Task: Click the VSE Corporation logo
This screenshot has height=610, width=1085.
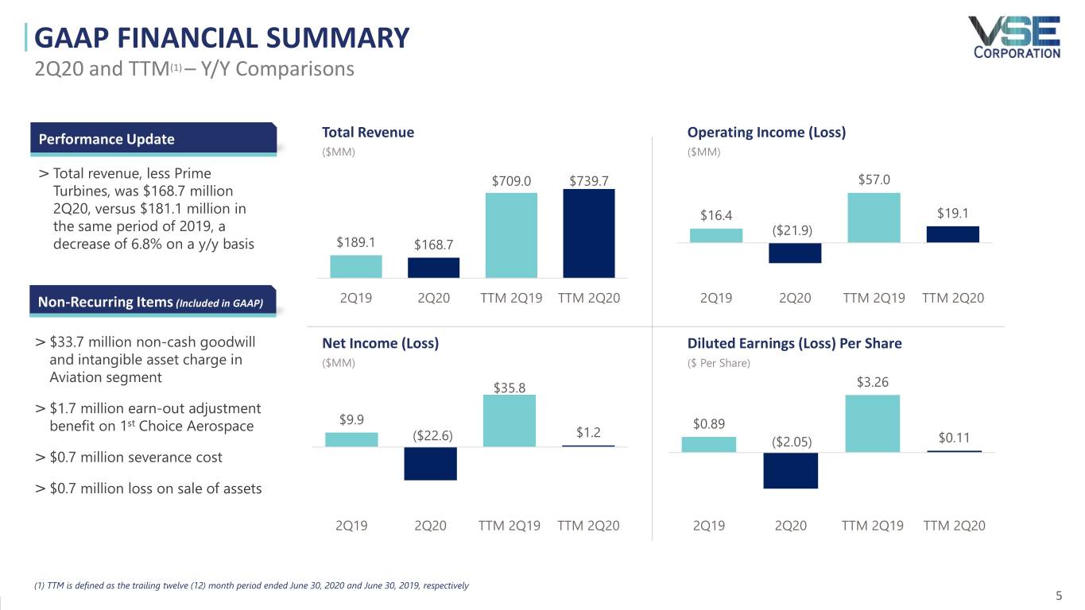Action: pyautogui.click(x=1016, y=37)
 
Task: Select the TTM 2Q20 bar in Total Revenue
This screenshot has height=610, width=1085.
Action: pyautogui.click(x=589, y=234)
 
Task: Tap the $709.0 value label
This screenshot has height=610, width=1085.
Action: pyautogui.click(x=512, y=181)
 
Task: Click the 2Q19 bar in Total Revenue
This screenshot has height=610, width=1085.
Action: pyautogui.click(x=356, y=266)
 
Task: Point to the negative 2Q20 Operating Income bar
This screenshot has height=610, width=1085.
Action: pyautogui.click(x=795, y=253)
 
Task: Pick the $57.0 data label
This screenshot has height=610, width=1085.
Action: pyautogui.click(x=874, y=180)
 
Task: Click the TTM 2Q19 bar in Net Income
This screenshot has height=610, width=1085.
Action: pyautogui.click(x=510, y=421)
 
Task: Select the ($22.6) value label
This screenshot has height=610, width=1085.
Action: pyautogui.click(x=432, y=436)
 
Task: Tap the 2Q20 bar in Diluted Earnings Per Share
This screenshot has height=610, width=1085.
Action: pyautogui.click(x=790, y=470)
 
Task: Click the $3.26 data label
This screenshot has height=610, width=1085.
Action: pyautogui.click(x=872, y=382)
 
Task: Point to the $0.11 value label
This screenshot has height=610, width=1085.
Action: pyautogui.click(x=954, y=438)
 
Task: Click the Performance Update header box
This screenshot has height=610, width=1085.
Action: pyautogui.click(x=153, y=139)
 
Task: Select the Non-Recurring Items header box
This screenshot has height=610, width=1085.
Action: pyautogui.click(x=153, y=302)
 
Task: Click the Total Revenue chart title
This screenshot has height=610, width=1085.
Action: pyautogui.click(x=368, y=132)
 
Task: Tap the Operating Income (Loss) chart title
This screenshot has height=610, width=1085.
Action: pyautogui.click(x=766, y=132)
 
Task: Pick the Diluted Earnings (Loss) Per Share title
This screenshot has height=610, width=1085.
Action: pyautogui.click(x=794, y=343)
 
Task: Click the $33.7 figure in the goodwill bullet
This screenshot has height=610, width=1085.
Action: pyautogui.click(x=67, y=342)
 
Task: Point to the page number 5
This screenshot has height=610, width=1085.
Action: pyautogui.click(x=1059, y=596)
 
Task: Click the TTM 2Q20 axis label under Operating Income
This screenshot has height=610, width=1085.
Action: pyautogui.click(x=953, y=298)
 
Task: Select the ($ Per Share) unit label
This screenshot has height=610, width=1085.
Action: pyautogui.click(x=719, y=363)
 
